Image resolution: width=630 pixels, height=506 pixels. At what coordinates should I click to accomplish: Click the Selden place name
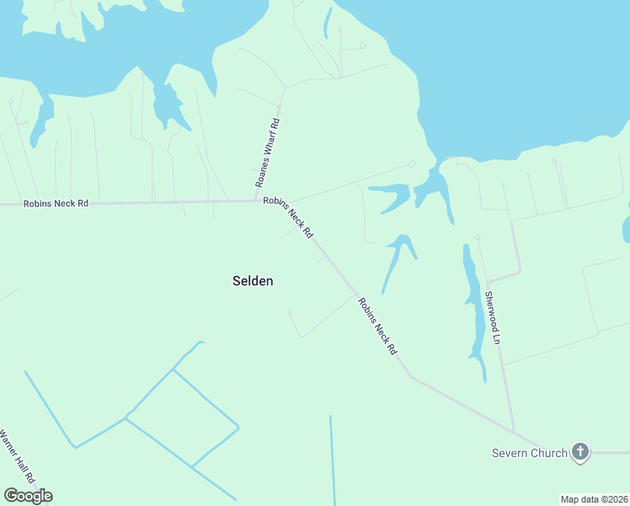252,281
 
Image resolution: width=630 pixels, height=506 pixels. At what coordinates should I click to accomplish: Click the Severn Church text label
530,453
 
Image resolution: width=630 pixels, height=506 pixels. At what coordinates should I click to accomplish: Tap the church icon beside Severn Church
579,452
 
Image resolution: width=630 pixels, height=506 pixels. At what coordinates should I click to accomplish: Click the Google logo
28,496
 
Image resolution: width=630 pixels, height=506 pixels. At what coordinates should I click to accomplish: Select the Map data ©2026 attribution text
594,499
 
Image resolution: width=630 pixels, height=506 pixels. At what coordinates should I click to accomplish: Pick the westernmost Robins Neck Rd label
56,203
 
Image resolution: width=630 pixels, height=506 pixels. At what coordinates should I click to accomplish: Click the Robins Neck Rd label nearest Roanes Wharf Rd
288,218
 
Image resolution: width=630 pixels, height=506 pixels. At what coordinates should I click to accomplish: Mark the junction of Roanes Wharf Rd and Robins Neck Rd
257,201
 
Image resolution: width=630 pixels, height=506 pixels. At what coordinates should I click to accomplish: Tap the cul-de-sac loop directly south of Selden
290,311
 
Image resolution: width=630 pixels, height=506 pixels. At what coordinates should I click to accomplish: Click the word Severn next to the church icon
510,453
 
